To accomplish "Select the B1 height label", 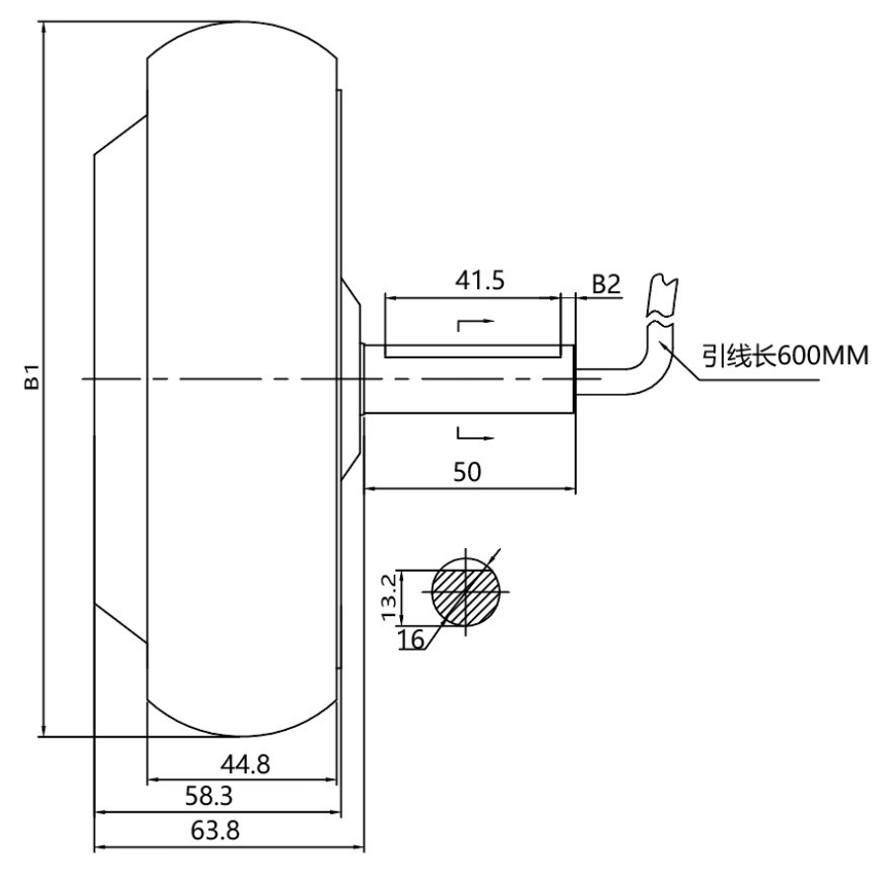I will click(x=33, y=377).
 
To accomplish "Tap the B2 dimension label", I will click(x=605, y=283).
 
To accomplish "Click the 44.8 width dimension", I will click(x=242, y=763).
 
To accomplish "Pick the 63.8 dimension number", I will click(x=214, y=830).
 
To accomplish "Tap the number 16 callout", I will click(x=411, y=639).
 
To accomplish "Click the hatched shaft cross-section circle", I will click(x=465, y=592).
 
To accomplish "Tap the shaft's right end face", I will click(x=574, y=377).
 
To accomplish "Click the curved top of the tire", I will click(x=242, y=22).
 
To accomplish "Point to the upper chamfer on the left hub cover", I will click(x=120, y=133).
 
